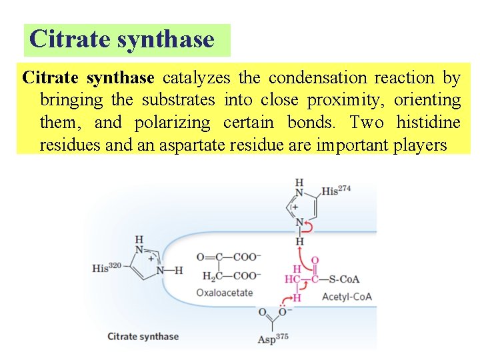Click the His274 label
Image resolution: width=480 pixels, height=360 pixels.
point(336,191)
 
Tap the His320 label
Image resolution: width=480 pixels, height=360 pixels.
point(107,268)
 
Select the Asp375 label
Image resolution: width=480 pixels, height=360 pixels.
point(273,339)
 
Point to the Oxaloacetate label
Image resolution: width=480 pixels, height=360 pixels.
point(225,292)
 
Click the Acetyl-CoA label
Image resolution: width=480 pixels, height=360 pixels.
point(347,297)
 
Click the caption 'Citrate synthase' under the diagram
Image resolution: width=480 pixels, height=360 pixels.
point(143,336)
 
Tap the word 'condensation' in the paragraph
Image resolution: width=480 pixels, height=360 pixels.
point(317,78)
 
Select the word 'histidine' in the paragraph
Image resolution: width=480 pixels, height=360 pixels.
point(428,123)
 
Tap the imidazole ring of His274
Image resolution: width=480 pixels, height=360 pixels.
point(304,207)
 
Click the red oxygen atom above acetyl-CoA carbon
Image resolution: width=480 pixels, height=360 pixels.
point(315,260)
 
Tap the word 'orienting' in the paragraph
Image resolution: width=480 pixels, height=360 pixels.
point(427,101)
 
